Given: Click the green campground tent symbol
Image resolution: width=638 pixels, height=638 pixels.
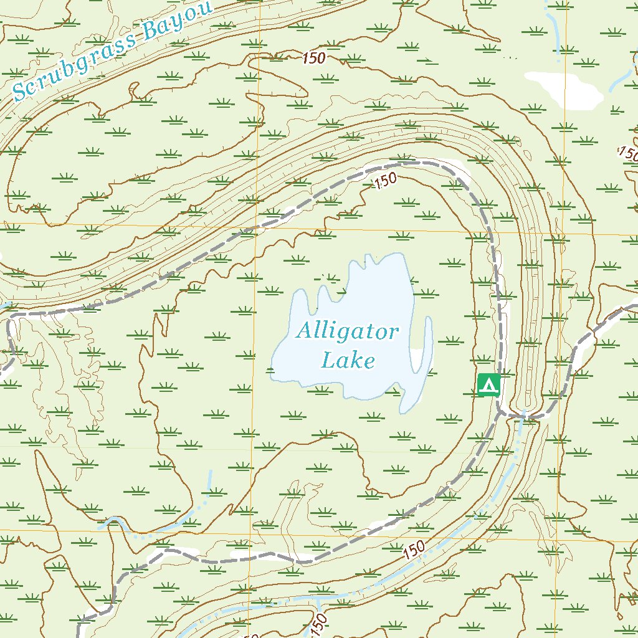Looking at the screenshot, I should click(489, 384).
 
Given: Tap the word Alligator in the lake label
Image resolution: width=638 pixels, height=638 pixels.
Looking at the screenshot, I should click(346, 331).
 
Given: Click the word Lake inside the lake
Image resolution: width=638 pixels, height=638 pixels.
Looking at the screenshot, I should click(348, 360).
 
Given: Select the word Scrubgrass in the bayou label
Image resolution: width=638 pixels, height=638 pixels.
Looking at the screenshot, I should click(75, 62).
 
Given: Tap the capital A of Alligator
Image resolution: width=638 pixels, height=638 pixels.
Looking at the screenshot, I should click(303, 331).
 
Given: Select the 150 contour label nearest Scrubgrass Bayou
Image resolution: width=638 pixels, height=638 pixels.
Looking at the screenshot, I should click(315, 59).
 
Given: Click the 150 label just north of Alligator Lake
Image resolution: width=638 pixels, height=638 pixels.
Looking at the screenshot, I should click(384, 182).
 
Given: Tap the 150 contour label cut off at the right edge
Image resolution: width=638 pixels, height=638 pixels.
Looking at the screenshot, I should click(628, 153).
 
